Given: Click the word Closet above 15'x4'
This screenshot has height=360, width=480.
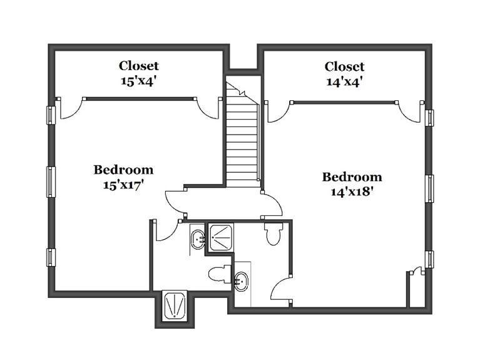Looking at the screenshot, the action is point(139,66).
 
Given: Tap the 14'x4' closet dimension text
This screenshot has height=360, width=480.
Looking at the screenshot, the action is point(345,82).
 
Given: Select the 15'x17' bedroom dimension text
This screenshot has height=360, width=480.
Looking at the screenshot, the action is point(123,185).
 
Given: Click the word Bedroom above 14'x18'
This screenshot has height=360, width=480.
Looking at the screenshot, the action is point(352,177).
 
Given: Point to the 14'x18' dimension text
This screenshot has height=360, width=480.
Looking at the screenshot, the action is point(352,192).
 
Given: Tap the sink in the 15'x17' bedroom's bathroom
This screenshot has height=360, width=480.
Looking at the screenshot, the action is point(198,239).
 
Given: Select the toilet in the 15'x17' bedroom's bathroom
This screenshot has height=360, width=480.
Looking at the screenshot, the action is point(220,274).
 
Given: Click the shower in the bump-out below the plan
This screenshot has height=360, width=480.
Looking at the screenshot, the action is point(175,305).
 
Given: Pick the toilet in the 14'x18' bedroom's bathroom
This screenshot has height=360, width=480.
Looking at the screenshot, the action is point(273,234).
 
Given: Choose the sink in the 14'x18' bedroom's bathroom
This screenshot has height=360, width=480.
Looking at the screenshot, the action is point(242,281).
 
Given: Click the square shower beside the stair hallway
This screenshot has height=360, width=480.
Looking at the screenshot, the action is point(220,237).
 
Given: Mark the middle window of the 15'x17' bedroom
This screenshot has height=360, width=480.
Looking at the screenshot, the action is point(51,182).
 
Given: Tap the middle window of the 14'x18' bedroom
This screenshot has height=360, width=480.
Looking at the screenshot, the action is point(429,188).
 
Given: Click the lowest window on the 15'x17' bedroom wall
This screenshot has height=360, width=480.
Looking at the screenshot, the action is point(51,257).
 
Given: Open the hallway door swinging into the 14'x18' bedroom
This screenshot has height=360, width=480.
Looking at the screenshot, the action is point(272,204).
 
